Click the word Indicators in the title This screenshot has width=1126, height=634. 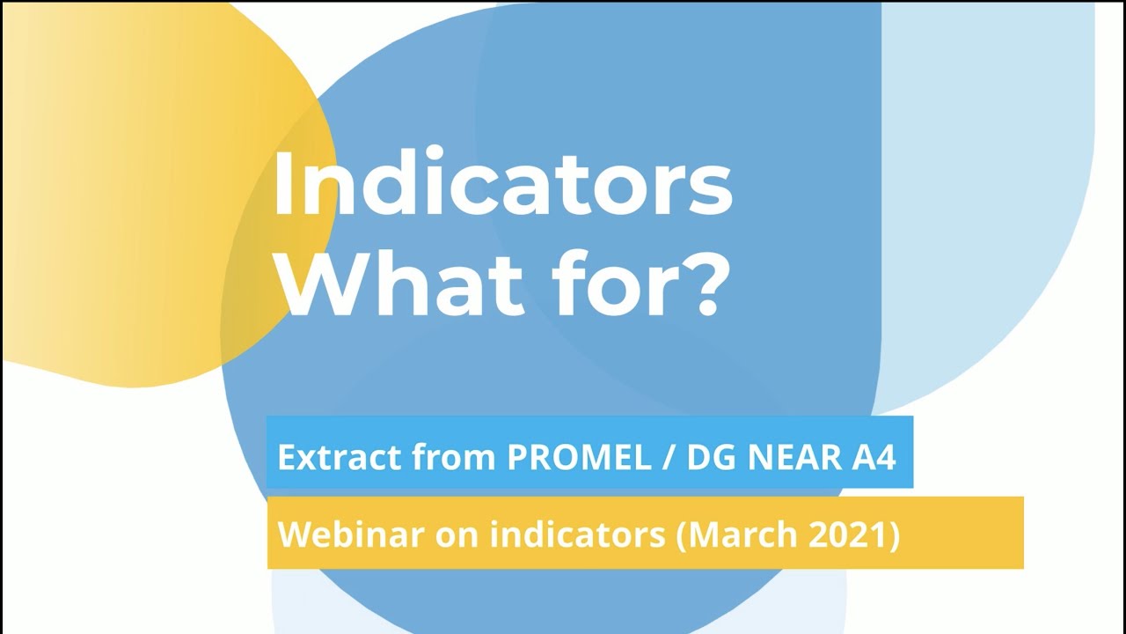click(502, 187)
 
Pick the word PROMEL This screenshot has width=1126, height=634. click(558, 457)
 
